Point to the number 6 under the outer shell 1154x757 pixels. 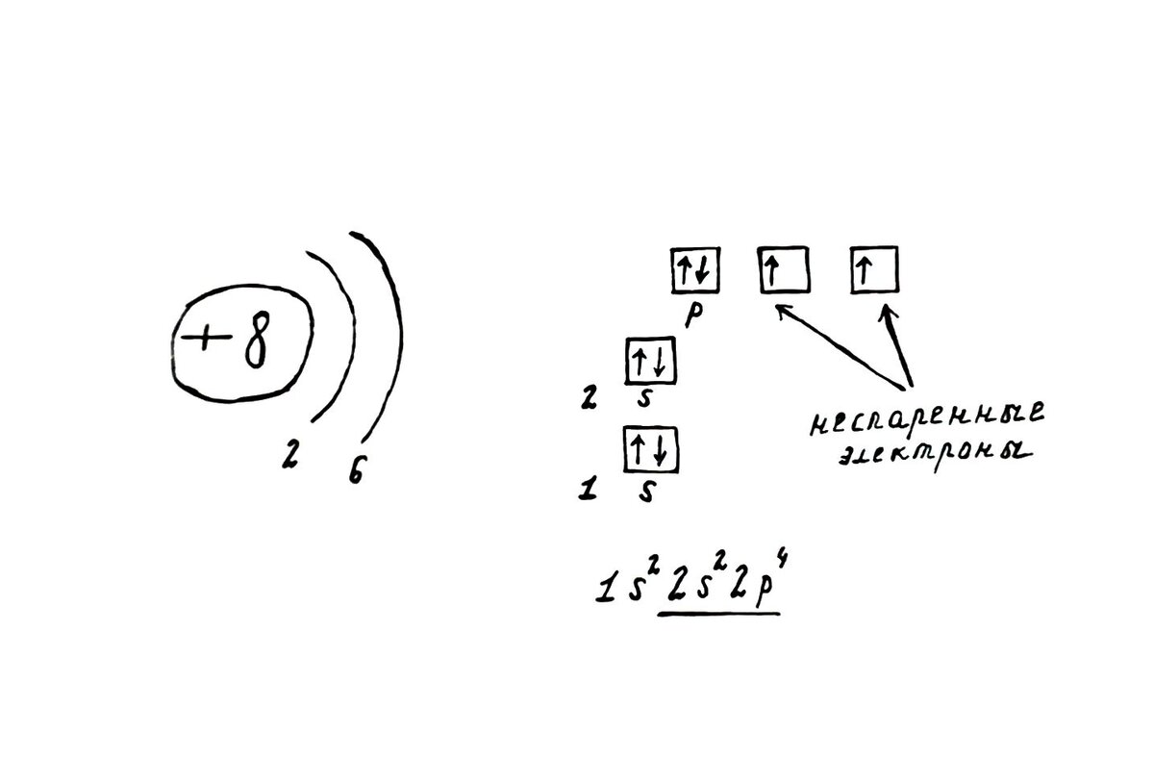tap(356, 470)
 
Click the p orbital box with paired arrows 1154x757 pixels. tap(691, 269)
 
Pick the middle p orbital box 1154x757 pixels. tap(782, 269)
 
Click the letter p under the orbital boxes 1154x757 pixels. tap(691, 315)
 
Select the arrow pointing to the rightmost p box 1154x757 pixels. tap(896, 346)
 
